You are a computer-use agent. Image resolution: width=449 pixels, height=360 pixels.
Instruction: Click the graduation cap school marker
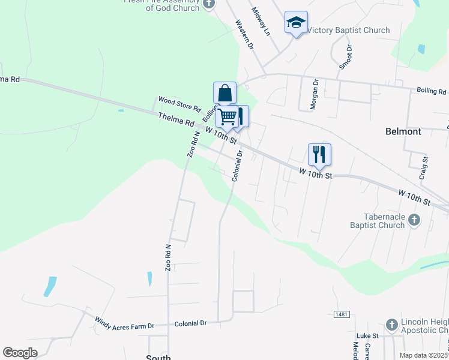295,23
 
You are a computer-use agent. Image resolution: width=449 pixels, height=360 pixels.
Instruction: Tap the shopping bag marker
224,94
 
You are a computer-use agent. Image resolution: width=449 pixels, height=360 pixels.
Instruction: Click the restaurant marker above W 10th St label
319,154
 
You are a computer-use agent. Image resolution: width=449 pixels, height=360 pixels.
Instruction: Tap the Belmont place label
403,131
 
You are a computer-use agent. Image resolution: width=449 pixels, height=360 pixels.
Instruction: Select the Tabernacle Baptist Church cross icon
414,220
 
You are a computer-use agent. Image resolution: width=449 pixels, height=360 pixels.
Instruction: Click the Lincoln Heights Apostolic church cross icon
391,325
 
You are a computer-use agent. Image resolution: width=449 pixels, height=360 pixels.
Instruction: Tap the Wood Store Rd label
178,103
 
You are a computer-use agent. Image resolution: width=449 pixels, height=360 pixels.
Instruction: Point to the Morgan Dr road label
313,94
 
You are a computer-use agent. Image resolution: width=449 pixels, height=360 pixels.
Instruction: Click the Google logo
20,352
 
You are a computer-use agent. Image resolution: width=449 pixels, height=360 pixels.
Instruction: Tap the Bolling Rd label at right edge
432,91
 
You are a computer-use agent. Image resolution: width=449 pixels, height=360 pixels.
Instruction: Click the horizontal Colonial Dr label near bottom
190,323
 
